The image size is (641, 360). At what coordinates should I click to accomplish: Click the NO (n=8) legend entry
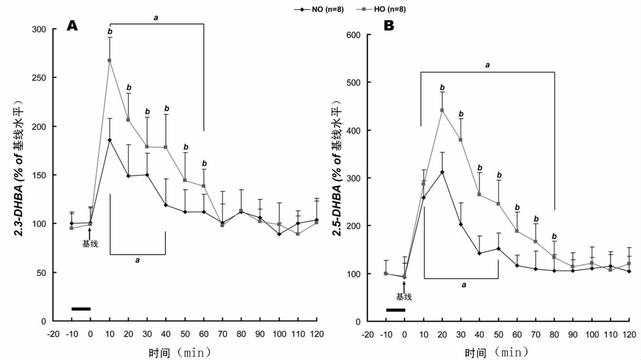coord(319,9)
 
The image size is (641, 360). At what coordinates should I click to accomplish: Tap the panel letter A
coord(72,26)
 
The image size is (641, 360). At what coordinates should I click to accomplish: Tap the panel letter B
coord(389,26)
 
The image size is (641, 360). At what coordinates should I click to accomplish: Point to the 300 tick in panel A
coord(39,29)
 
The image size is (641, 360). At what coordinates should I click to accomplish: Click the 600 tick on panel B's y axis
coord(353,35)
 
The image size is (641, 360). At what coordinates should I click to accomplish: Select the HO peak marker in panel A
coord(110,61)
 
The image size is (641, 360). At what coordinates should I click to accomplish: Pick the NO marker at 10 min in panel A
coord(110,140)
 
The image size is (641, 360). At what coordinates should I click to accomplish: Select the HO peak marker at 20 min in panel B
coord(442,110)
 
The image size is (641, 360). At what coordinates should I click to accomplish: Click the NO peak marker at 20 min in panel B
coord(442,172)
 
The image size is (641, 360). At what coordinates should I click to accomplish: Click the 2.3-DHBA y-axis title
coord(20,168)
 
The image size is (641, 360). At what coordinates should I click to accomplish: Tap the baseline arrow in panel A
coord(90,233)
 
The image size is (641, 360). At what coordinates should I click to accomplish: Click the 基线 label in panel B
coord(404,297)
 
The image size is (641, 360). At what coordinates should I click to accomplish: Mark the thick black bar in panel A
coord(81,309)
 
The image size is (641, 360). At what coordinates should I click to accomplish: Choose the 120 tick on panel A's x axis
coord(317,334)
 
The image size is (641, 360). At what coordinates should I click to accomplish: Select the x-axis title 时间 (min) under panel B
coord(496,352)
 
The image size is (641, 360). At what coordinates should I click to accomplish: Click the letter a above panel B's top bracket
coord(487,65)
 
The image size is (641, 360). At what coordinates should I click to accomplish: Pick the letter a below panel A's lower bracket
coord(138,260)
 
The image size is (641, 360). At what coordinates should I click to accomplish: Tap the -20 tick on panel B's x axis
coord(368,334)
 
